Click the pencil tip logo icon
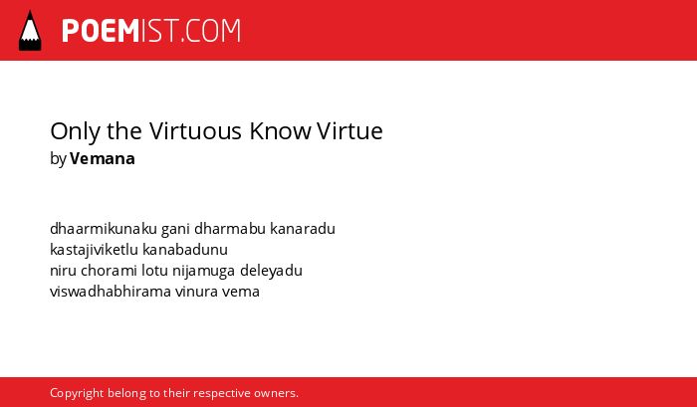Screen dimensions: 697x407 (30, 31)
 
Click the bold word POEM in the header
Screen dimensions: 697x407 (101, 31)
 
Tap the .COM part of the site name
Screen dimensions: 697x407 (210, 31)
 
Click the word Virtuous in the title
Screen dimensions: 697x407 (195, 131)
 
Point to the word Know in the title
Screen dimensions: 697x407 (280, 131)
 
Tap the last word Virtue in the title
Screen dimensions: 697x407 (349, 131)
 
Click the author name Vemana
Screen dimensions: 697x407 (103, 158)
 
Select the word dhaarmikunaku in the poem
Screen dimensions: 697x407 (104, 229)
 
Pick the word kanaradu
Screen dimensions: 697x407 (303, 229)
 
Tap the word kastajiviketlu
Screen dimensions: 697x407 (95, 250)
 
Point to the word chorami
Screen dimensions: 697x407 (109, 271)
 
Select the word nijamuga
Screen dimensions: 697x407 (203, 271)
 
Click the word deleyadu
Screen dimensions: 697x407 (271, 271)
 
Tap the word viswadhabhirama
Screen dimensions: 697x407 (111, 292)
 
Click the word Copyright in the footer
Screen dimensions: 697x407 (77, 394)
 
